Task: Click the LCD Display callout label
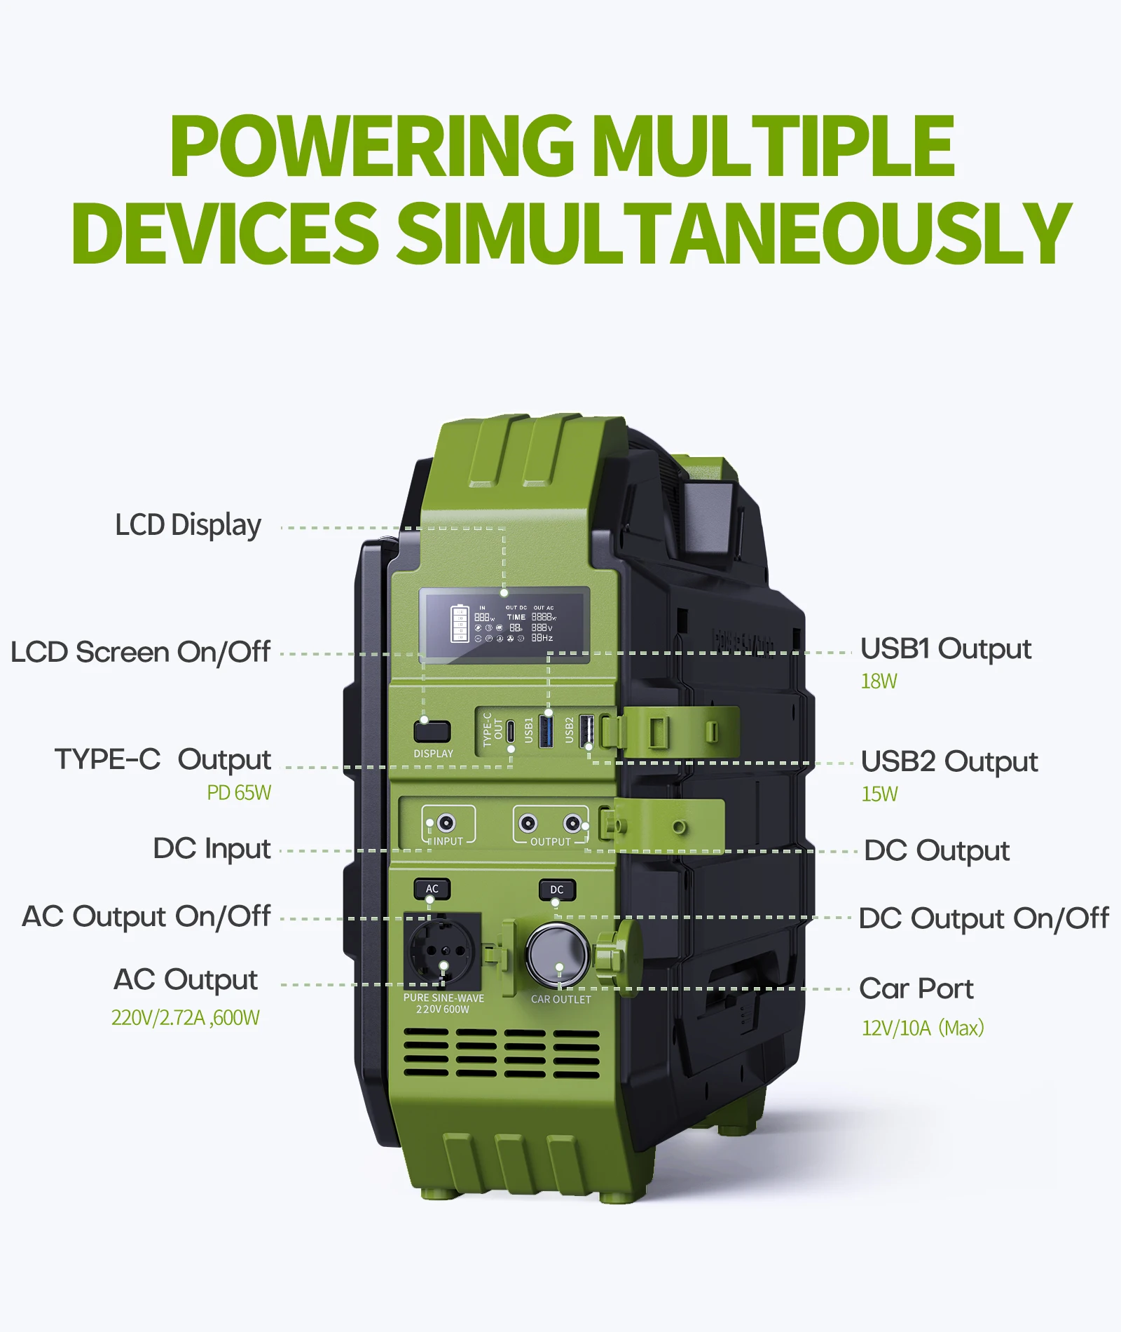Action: coord(188,525)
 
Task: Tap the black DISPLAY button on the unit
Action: coord(432,731)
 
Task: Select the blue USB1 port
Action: coord(547,730)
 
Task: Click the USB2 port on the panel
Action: coord(587,730)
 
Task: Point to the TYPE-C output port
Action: coord(511,730)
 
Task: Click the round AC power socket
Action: coord(442,952)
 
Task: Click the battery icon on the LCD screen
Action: coord(460,623)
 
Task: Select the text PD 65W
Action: coord(239,793)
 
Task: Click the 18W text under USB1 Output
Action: coord(879,681)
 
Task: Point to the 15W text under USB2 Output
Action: coord(879,794)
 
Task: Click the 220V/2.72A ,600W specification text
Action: coord(186,1018)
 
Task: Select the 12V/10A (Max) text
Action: coord(923,1028)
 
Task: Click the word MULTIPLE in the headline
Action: coord(773,146)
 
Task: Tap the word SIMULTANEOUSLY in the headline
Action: coord(734,233)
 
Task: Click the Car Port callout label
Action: coord(916,988)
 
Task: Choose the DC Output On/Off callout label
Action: coord(983,918)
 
